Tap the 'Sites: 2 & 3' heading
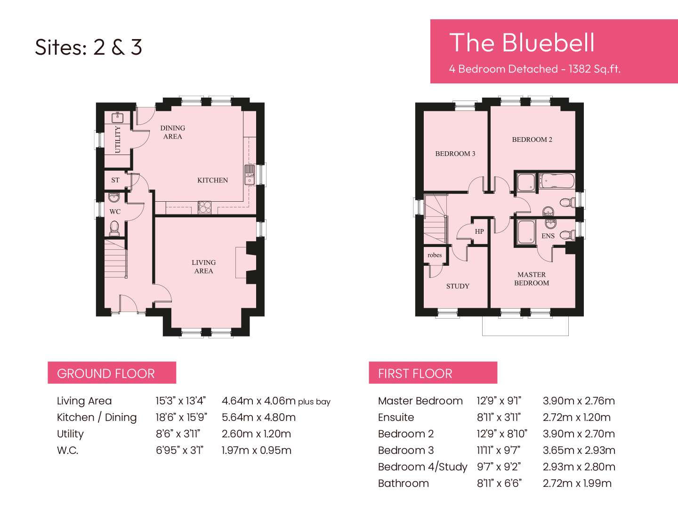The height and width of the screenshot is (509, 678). tap(89, 47)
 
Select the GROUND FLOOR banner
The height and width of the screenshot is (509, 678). tap(112, 373)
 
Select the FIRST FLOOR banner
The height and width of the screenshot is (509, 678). tap(433, 373)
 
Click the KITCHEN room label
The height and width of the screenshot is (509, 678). tap(212, 180)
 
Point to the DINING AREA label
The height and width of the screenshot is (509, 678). tap(173, 132)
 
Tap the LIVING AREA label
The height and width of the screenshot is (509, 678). tap(203, 266)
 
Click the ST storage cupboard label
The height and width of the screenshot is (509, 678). tap(115, 180)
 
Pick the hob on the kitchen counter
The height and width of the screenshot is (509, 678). tap(204, 207)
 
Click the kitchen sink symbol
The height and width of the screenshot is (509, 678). tap(250, 175)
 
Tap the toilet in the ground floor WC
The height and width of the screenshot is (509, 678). tap(114, 229)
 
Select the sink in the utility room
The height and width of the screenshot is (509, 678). tap(117, 117)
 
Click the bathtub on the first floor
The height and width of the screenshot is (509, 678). tap(557, 181)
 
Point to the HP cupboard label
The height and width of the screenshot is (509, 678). tap(479, 231)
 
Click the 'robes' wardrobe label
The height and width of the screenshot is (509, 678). tap(435, 255)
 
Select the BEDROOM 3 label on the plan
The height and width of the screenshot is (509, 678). tap(455, 154)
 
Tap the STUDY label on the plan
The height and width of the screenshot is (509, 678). tap(458, 286)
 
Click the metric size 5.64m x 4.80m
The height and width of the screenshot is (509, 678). tap(258, 418)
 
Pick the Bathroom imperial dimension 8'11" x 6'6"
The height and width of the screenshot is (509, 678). tap(499, 484)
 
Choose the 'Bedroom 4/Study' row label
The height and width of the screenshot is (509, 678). tap(422, 467)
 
